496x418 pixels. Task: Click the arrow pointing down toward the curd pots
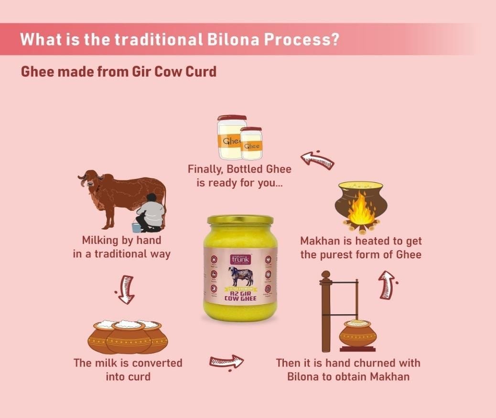coord(126,289)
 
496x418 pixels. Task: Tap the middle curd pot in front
coord(128,337)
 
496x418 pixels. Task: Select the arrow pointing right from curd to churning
coord(226,361)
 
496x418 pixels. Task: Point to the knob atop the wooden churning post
coord(326,275)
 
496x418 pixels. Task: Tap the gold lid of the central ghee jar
coord(240,220)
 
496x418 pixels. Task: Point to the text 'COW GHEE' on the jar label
coord(240,298)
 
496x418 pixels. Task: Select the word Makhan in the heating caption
coord(320,241)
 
